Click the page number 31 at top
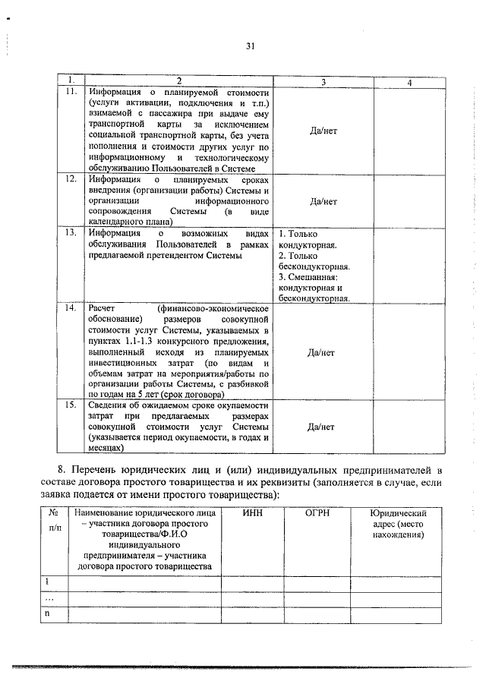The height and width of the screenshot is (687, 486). (250, 46)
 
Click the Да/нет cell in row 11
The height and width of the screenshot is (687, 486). (323, 131)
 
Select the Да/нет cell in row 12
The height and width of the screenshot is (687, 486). (323, 201)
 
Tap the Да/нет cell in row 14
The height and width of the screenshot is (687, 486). (323, 352)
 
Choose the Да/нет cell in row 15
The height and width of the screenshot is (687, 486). (323, 427)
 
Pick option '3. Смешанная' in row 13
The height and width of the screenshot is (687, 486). (313, 288)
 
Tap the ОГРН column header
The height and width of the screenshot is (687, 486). (317, 514)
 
